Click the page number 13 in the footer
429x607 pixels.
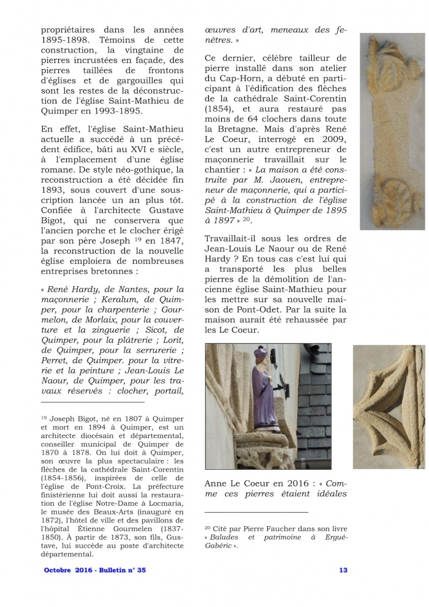coord(343,570)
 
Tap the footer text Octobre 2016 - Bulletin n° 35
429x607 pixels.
coord(95,570)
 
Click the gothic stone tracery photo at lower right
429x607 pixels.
coord(389,407)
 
